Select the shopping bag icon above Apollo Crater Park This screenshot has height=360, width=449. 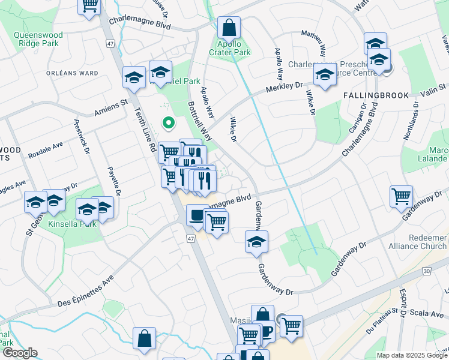[x=229, y=27]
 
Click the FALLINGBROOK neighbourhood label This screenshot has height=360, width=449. [x=376, y=95]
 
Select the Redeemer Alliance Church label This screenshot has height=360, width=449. [x=427, y=242]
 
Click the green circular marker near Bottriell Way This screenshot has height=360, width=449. [x=169, y=124]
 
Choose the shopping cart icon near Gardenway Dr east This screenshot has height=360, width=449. [x=401, y=196]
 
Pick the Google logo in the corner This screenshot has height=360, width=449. [x=20, y=353]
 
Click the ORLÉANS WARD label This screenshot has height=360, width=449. [x=72, y=73]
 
